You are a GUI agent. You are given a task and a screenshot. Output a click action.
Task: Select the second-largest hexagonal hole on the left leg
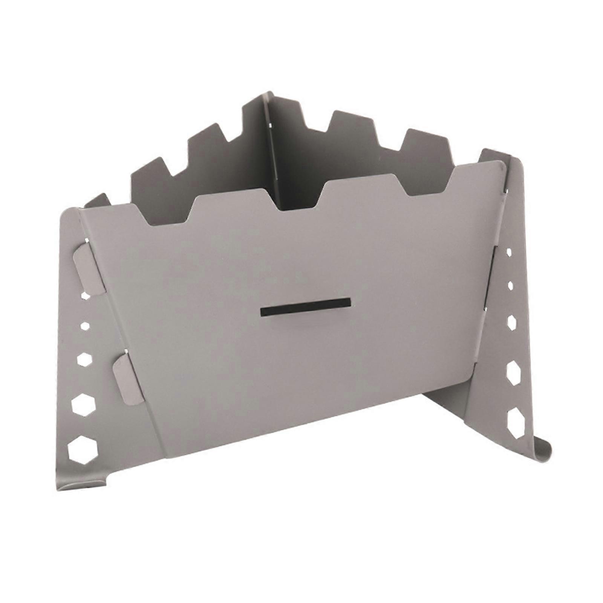(x=84, y=405)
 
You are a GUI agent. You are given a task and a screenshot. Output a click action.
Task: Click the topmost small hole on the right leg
(x=509, y=252)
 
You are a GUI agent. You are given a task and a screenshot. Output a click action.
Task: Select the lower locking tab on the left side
(x=127, y=379)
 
